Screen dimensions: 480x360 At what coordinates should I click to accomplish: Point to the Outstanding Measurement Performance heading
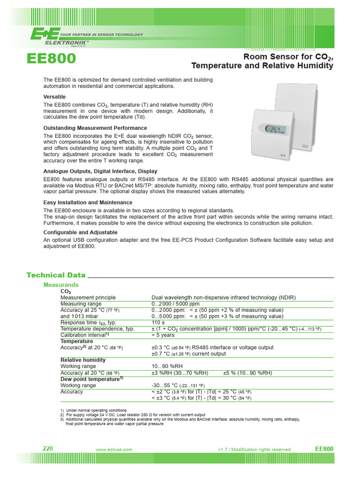(x=95, y=128)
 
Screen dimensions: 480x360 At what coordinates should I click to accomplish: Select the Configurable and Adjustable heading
(x=81, y=232)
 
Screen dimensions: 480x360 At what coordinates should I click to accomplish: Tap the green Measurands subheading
(x=61, y=285)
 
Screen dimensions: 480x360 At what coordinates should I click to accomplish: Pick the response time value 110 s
(x=157, y=323)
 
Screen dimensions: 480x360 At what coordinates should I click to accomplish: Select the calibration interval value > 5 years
(x=163, y=335)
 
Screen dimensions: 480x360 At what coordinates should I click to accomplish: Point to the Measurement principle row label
(x=88, y=298)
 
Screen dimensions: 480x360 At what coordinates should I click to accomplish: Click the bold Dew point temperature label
(x=91, y=379)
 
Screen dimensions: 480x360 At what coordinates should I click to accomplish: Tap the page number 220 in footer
(x=48, y=449)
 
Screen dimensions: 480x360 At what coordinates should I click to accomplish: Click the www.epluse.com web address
(x=114, y=450)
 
